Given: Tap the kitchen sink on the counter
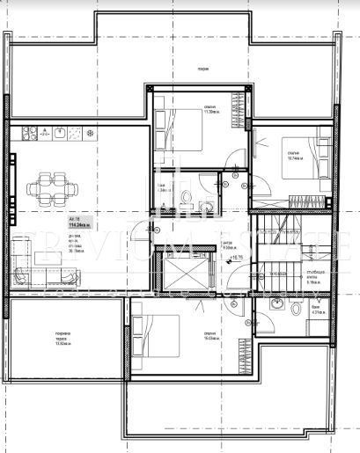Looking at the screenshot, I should [x=59, y=134].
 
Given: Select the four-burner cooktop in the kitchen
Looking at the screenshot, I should [x=39, y=134].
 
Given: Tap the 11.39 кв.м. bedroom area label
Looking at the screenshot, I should [x=210, y=110].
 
